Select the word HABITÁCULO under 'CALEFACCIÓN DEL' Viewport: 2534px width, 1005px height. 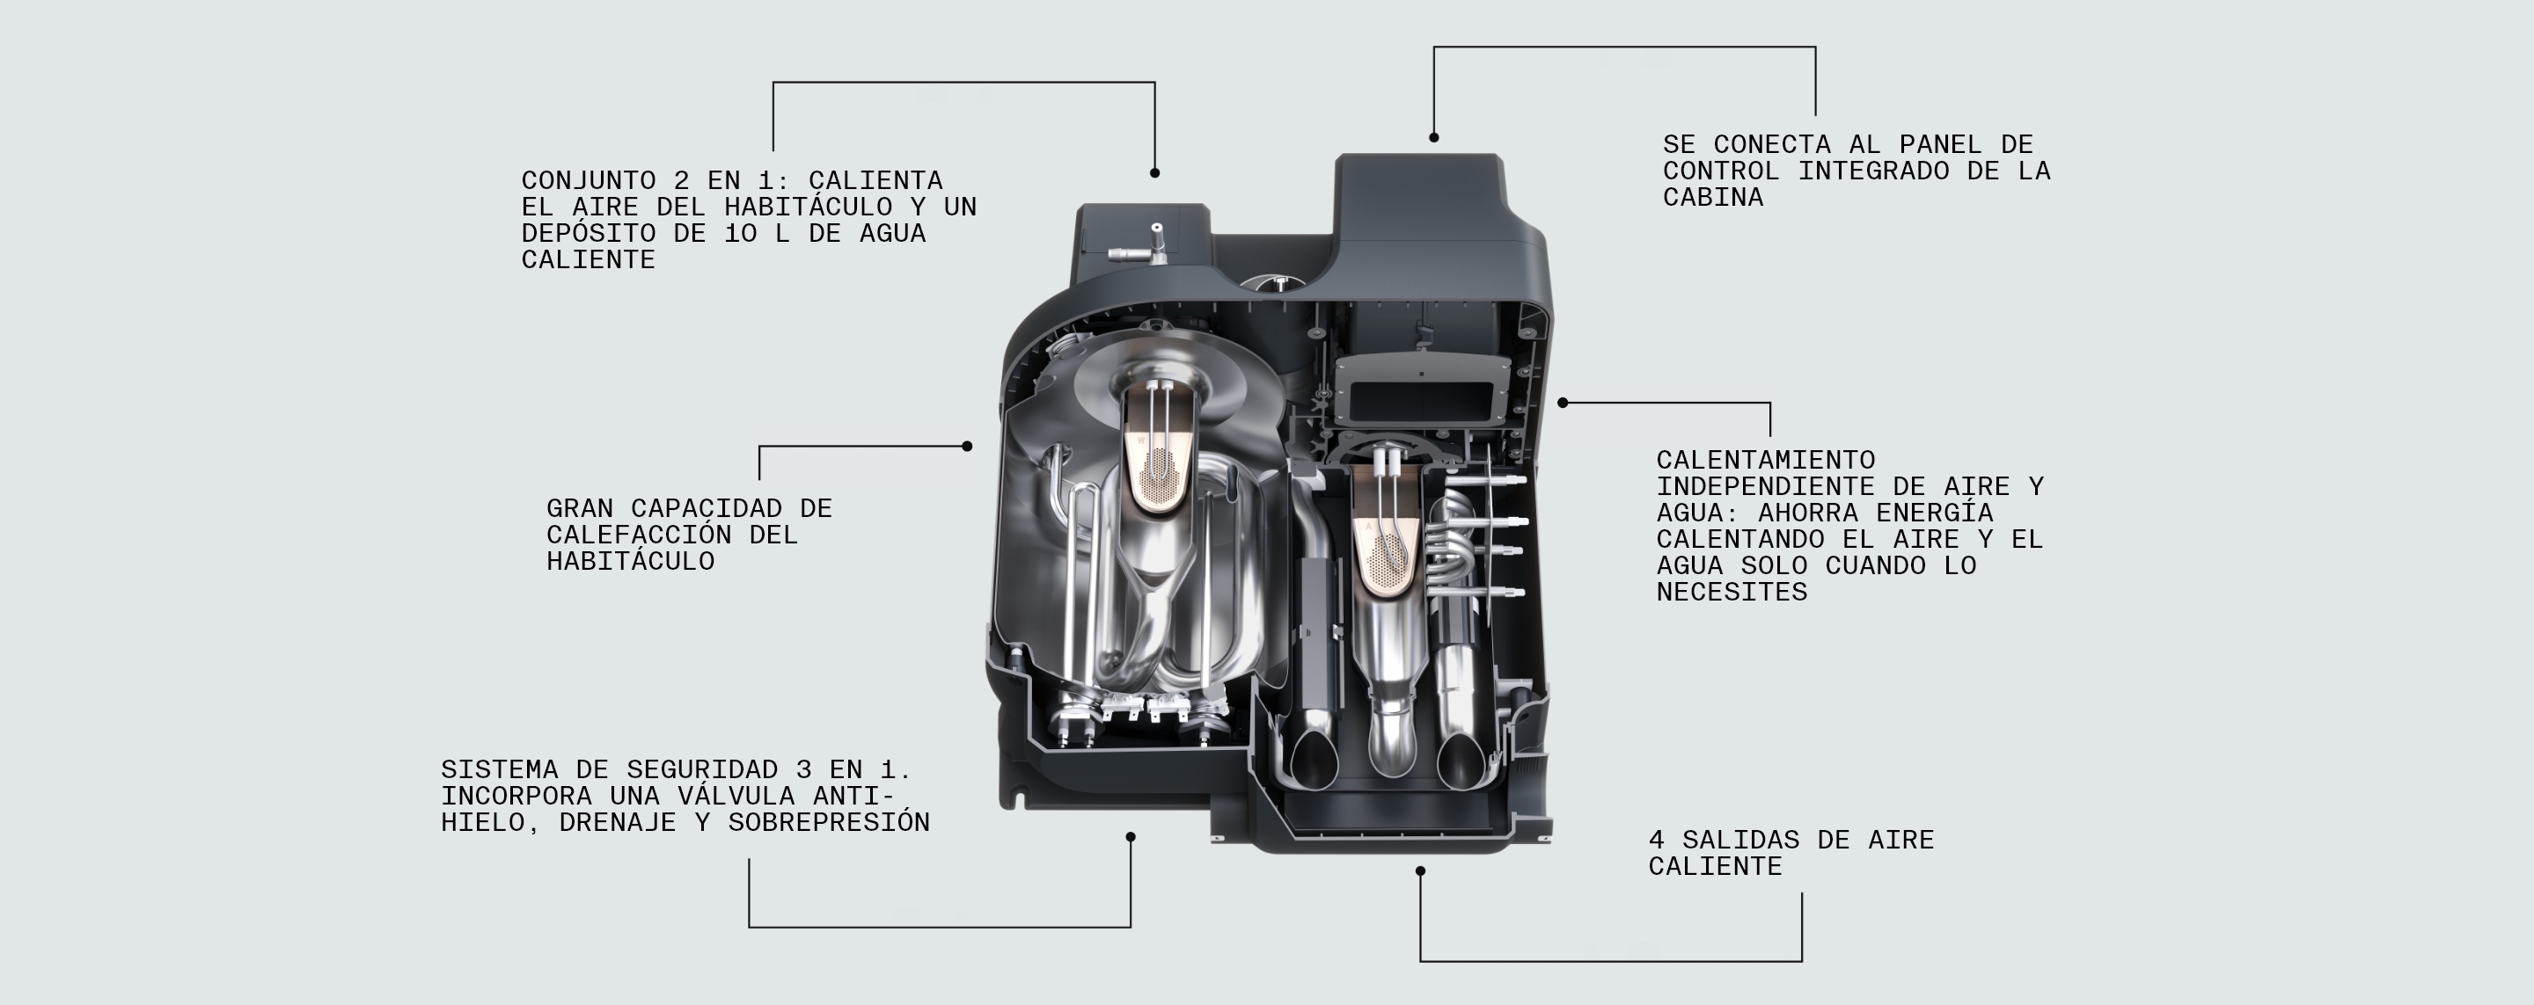631,562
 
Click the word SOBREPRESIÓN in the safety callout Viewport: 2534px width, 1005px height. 828,823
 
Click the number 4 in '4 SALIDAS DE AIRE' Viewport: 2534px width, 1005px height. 1657,841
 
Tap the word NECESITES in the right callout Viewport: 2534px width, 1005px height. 1732,593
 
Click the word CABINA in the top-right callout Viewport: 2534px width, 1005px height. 1712,198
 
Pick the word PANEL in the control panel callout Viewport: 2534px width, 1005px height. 1940,144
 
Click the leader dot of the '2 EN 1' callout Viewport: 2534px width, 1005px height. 1155,173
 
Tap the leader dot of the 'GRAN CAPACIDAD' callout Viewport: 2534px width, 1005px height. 967,447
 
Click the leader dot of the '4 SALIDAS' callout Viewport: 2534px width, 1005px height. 1419,871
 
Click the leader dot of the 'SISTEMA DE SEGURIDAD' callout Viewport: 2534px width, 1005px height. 1131,838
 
